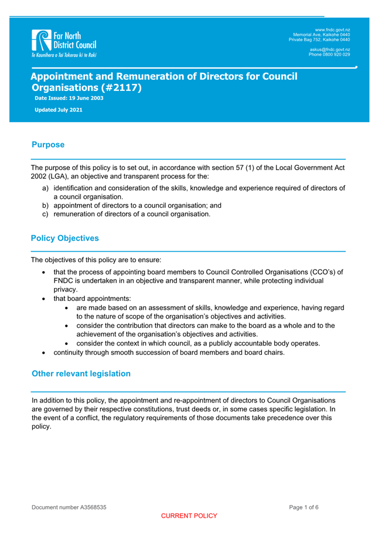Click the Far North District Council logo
pos(64,43)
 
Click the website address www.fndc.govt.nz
pos(332,29)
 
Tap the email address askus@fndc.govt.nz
pos(330,49)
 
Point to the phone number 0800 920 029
pos(336,54)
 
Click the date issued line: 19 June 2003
pos(69,98)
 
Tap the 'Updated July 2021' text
pos(59,110)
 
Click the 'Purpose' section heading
pos(48,145)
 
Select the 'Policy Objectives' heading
pos(65,238)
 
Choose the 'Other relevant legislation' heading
pos(81,374)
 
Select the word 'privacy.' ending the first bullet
pos(66,289)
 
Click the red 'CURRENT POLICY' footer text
pos(189,516)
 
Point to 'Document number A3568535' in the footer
pos(69,507)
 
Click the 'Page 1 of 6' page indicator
pos(304,507)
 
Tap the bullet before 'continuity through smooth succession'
pos(45,353)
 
